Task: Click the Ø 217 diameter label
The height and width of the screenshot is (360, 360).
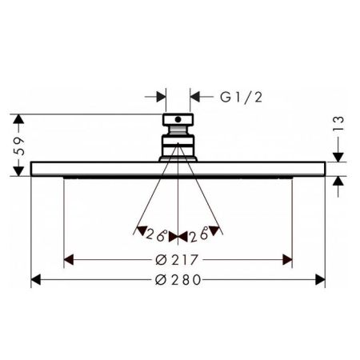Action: click(178, 261)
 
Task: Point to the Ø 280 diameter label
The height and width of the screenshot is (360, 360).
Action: click(178, 281)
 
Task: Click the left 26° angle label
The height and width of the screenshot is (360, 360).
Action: click(157, 234)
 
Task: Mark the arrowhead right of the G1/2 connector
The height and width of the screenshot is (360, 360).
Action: click(194, 98)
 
